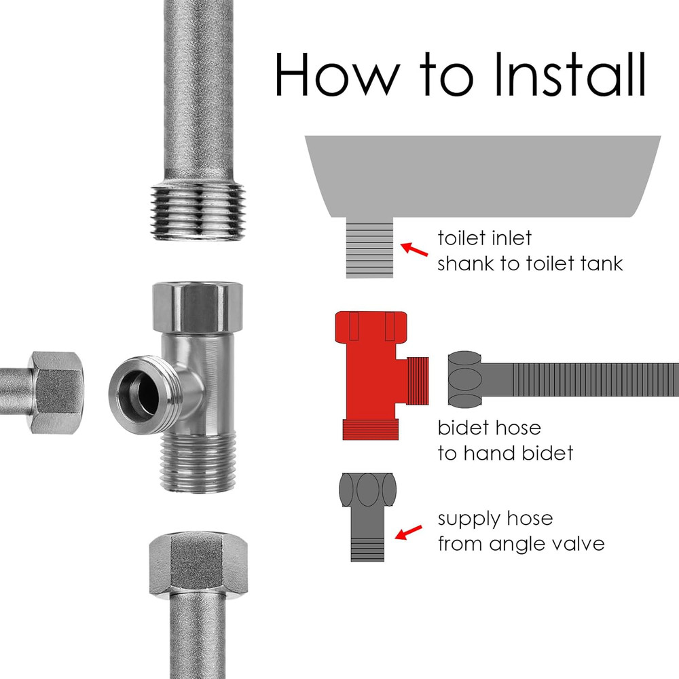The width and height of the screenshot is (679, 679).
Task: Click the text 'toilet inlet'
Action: (485, 238)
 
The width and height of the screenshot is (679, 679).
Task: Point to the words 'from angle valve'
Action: (521, 544)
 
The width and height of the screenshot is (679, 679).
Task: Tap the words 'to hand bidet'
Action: (505, 453)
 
